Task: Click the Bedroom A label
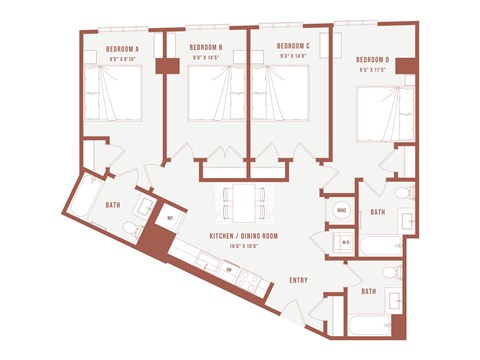tap(123, 47)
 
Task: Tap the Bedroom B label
tap(205, 47)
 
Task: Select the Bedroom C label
tap(292, 46)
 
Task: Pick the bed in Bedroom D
tap(385, 114)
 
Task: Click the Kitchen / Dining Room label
tap(244, 235)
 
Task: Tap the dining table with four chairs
tap(245, 201)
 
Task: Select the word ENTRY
tap(298, 280)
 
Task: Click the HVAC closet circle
tap(341, 211)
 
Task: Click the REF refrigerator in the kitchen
tap(170, 218)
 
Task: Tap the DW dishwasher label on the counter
tap(229, 270)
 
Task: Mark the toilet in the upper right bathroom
tap(402, 192)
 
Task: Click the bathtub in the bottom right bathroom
tap(367, 323)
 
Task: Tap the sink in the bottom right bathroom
tap(393, 299)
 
